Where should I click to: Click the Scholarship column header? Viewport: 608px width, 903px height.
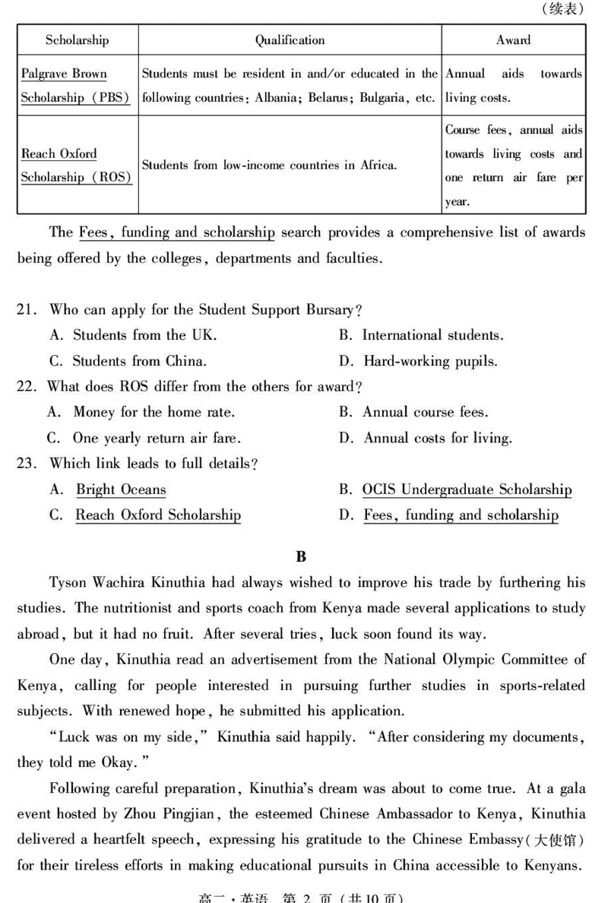(77, 40)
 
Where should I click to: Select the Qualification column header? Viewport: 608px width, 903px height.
(290, 40)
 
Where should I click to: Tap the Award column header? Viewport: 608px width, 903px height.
(513, 40)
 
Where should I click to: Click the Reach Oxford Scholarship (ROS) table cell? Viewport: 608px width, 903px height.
(76, 166)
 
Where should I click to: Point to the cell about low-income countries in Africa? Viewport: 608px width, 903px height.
(269, 164)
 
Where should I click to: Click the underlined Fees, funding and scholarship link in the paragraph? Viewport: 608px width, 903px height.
(176, 233)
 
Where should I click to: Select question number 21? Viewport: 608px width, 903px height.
(27, 310)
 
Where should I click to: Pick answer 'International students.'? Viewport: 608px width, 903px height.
(432, 335)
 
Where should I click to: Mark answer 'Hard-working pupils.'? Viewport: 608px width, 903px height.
(430, 361)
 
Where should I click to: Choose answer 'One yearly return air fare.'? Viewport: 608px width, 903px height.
(157, 438)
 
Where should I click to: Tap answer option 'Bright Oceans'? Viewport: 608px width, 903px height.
(121, 490)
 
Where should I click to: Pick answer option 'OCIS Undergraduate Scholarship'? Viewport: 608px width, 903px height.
(467, 490)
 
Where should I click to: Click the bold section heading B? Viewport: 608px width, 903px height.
(301, 556)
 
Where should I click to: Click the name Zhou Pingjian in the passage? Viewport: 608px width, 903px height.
(171, 814)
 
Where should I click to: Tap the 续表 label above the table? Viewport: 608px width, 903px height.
(563, 9)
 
